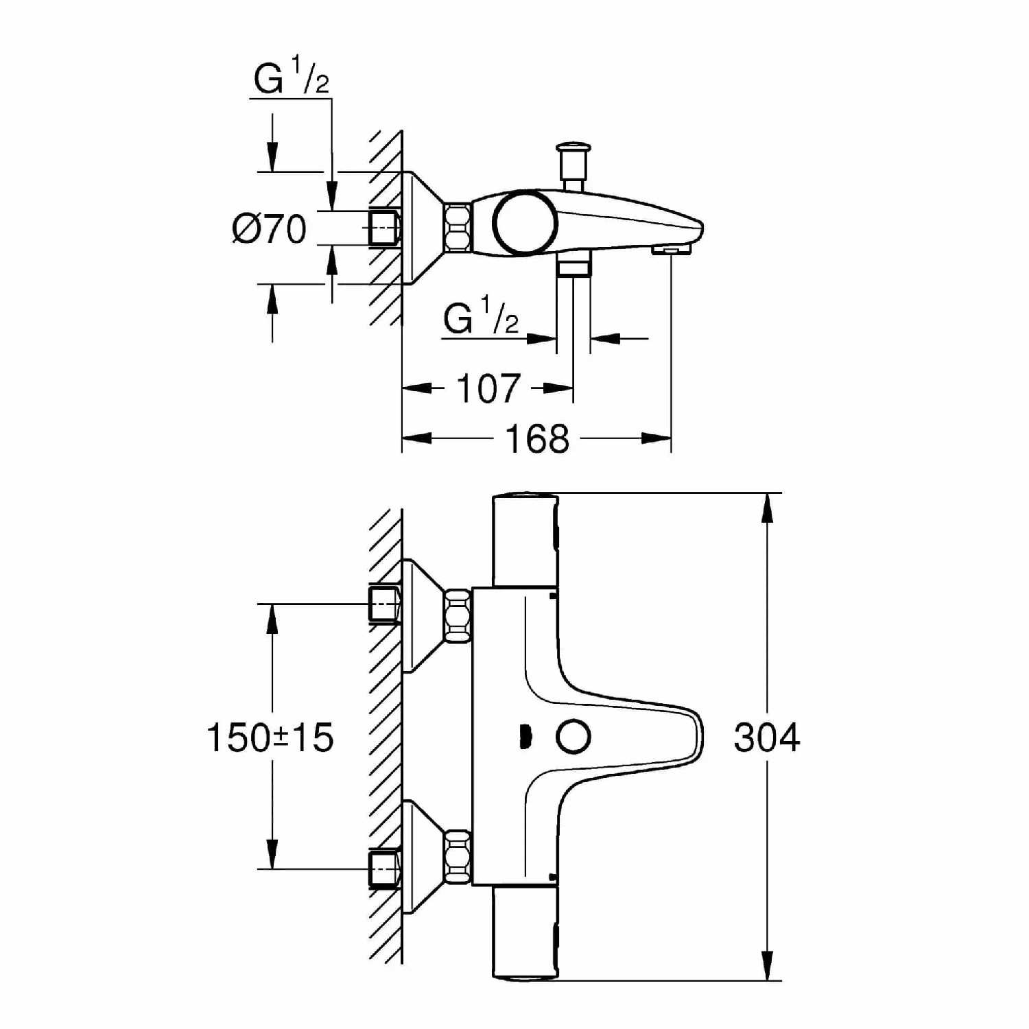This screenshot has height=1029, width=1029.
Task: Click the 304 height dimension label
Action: pyautogui.click(x=766, y=737)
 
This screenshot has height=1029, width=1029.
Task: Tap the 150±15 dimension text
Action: pyautogui.click(x=270, y=737)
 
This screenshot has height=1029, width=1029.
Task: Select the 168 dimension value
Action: pyautogui.click(x=537, y=438)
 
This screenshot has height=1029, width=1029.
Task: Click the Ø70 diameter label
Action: pyautogui.click(x=269, y=228)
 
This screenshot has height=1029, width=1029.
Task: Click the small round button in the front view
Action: pyautogui.click(x=573, y=737)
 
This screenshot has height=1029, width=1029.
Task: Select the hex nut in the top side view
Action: pyautogui.click(x=458, y=226)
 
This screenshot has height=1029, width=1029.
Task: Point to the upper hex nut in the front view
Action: pyautogui.click(x=458, y=615)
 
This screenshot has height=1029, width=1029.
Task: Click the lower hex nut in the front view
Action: pyautogui.click(x=458, y=856)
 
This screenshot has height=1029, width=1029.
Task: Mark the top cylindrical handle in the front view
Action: pyautogui.click(x=525, y=541)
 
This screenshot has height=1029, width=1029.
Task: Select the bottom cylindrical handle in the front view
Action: pyautogui.click(x=525, y=932)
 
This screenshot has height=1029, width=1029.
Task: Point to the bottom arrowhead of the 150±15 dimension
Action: pyautogui.click(x=272, y=854)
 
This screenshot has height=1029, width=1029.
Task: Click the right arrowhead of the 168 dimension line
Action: pyautogui.click(x=656, y=438)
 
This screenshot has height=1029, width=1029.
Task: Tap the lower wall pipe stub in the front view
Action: pyautogui.click(x=384, y=870)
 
